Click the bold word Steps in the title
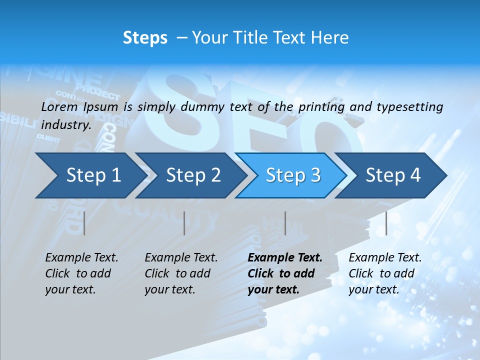pos(145,38)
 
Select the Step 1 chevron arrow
pos(90,175)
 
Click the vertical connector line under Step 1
pos(84,223)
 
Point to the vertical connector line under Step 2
pos(184,223)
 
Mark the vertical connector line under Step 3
pos(285,223)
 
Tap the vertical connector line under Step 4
pos(386,223)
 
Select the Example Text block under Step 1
pos(81,273)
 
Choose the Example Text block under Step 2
pos(181,273)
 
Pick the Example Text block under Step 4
pos(385,273)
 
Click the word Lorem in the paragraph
pos(59,107)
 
